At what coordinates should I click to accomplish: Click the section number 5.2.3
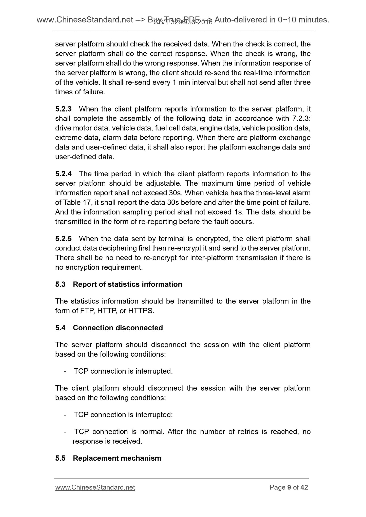63,109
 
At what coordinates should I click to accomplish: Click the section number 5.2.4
63,174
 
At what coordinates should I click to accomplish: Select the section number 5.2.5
63,239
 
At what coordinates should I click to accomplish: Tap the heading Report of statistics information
127,284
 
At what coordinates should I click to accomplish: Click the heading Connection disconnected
118,328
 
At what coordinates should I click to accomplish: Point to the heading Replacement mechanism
117,458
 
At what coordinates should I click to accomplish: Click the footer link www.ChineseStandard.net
95,487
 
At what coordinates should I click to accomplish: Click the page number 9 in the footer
289,487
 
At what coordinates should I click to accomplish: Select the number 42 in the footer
304,487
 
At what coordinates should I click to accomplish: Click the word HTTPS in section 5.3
141,311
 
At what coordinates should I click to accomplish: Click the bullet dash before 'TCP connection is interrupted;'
65,415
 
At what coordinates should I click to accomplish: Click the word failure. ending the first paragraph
94,92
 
